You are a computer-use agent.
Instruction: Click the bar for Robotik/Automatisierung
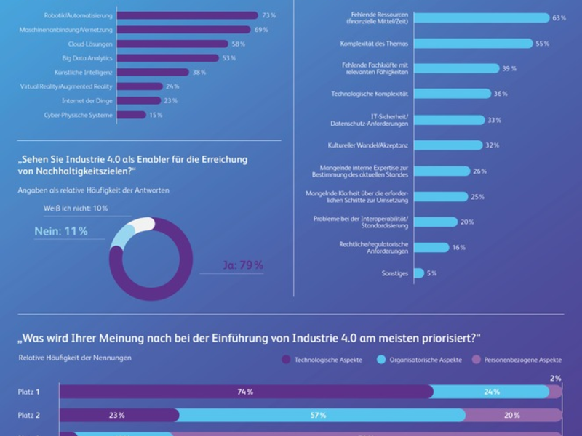(x=187, y=15)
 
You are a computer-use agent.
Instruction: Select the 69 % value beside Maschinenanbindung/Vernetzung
(x=260, y=30)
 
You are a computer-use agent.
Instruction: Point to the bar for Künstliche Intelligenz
(x=153, y=73)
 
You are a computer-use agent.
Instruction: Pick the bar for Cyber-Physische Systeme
(x=131, y=115)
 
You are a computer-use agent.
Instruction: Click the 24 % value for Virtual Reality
(x=172, y=86)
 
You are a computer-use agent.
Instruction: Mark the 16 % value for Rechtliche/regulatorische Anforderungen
(x=459, y=248)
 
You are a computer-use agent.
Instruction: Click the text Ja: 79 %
(x=242, y=265)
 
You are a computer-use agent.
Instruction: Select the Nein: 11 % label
(x=61, y=231)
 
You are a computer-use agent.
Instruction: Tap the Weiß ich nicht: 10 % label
(x=76, y=209)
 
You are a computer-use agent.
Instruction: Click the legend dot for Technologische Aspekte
(x=286, y=360)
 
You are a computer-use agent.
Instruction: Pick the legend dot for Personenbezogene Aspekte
(x=478, y=360)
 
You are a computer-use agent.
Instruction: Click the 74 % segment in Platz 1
(x=245, y=392)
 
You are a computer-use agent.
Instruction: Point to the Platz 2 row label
(x=29, y=416)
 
